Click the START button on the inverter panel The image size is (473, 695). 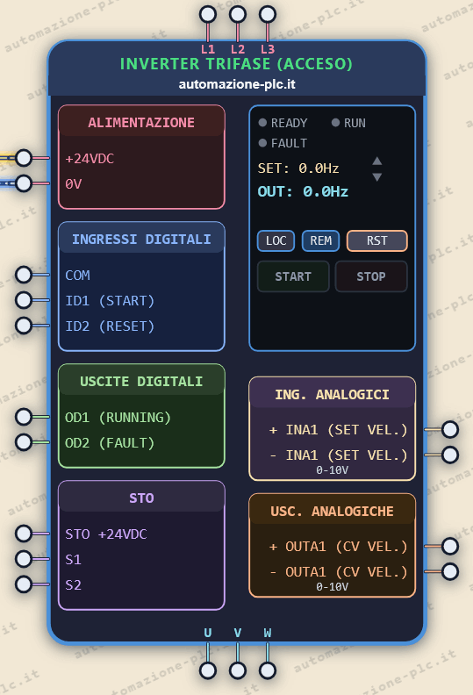tap(293, 276)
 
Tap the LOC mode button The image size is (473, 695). tap(276, 240)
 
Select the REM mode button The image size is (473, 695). tap(320, 240)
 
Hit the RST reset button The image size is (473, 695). tap(376, 240)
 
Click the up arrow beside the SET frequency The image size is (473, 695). tap(377, 161)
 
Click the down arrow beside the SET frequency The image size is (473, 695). tap(377, 177)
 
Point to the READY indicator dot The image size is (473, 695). tap(262, 122)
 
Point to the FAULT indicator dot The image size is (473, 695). tap(262, 143)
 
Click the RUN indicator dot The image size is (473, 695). tap(335, 122)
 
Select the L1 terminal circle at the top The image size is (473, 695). tap(208, 14)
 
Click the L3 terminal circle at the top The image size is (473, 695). tap(268, 14)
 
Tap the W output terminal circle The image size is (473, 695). tap(268, 670)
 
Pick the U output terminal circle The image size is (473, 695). tap(208, 670)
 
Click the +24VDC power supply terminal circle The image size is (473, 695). tap(24, 158)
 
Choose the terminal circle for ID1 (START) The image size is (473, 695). tap(24, 300)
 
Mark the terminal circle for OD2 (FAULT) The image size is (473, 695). tap(24, 442)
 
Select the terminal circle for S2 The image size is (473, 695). tap(24, 584)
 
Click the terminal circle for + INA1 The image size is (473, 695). tap(450, 429)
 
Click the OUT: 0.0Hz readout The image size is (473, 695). tap(303, 191)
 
